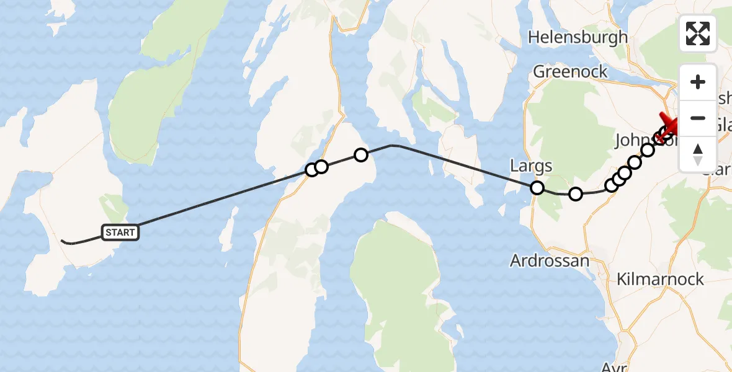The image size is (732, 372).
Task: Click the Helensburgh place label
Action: (x=578, y=37)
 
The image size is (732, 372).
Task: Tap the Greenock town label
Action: (x=571, y=72)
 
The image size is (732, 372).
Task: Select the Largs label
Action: (x=531, y=166)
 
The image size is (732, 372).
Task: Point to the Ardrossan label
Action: (x=549, y=261)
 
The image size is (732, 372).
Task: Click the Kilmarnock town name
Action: (x=660, y=279)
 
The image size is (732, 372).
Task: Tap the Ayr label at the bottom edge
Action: (x=615, y=366)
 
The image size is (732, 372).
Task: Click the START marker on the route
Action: (x=120, y=232)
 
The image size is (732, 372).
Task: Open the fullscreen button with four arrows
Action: (x=698, y=33)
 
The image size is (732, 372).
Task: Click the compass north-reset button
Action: (x=698, y=153)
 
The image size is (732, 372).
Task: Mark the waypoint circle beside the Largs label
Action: (x=537, y=188)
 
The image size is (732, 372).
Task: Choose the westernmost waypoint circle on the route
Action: (x=312, y=170)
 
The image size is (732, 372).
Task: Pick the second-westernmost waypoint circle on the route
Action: (x=321, y=167)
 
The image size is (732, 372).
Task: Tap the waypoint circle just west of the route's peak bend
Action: (x=360, y=155)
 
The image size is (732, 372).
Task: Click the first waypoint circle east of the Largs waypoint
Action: (x=576, y=194)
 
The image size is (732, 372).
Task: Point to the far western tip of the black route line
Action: (x=61, y=240)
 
